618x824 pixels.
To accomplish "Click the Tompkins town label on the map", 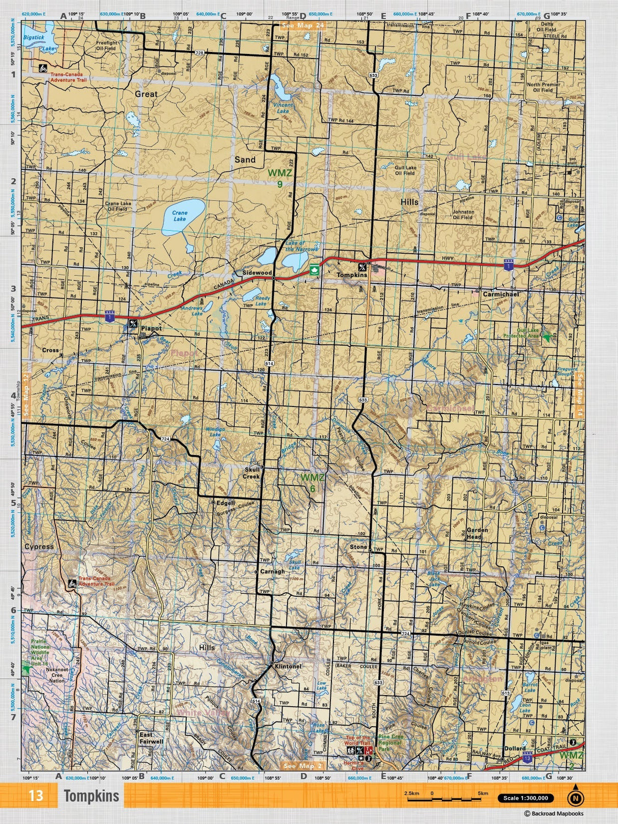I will (x=352, y=275).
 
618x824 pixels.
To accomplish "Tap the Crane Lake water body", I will (x=182, y=217).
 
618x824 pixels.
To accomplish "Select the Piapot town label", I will (x=151, y=328).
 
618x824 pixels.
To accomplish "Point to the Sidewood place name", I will (x=257, y=273).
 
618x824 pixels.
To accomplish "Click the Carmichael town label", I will (x=500, y=294).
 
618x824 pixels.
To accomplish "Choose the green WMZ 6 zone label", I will (x=312, y=483).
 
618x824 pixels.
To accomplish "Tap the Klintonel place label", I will (x=288, y=666).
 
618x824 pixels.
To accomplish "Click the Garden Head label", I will (x=477, y=533).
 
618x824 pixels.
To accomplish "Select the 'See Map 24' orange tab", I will (x=303, y=25).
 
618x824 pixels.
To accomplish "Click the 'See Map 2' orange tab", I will (x=302, y=766).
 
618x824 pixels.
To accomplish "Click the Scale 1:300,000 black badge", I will (x=525, y=798).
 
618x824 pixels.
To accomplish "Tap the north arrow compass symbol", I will (x=575, y=798).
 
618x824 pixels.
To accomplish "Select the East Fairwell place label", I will (x=151, y=738).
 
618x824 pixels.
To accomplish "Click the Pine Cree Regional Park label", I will (x=390, y=743).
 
